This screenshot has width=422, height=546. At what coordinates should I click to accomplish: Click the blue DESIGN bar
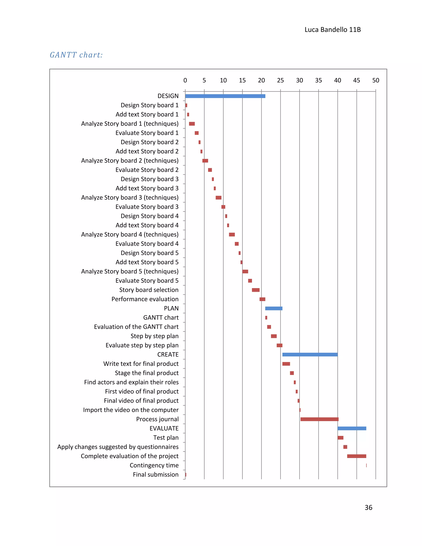click(225, 96)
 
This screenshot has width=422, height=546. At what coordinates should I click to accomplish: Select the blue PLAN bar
click(274, 308)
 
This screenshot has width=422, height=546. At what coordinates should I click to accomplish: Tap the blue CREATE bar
click(310, 355)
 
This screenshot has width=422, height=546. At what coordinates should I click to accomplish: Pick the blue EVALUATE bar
click(352, 428)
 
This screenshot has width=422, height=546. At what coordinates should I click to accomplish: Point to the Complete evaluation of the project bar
click(356, 456)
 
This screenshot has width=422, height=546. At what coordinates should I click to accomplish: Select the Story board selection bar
click(256, 290)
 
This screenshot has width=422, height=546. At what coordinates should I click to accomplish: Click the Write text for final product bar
click(286, 364)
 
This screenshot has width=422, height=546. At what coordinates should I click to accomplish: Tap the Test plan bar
click(340, 438)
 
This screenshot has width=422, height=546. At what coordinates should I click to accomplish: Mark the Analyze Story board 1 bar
click(192, 124)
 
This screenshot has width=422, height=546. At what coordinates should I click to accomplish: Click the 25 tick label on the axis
click(280, 80)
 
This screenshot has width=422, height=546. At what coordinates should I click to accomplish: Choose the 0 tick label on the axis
click(185, 80)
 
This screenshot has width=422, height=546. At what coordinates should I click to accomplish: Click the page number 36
click(368, 507)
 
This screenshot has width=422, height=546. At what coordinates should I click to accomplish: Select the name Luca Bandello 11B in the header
click(333, 30)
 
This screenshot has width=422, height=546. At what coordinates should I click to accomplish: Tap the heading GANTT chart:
click(76, 55)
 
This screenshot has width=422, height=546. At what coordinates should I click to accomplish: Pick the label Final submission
click(156, 475)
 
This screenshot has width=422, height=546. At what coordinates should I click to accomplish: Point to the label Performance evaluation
click(145, 299)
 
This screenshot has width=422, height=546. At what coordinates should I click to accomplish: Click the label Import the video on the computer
click(131, 410)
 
